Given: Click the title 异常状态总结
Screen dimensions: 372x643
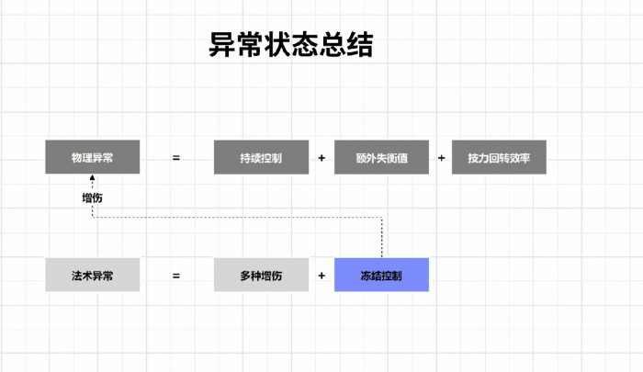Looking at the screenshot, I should tap(291, 45).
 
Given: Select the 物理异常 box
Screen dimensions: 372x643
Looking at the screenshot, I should tap(93, 158).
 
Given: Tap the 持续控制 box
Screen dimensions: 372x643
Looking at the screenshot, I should tap(261, 158).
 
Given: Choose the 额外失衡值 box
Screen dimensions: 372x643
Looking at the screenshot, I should tap(381, 158).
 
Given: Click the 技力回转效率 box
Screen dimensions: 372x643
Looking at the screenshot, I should tap(499, 158).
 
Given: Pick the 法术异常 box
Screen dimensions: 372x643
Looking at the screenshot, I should tap(93, 275).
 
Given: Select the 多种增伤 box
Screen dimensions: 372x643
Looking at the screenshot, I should tap(261, 275).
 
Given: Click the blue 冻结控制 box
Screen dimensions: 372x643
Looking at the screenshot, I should tap(381, 275).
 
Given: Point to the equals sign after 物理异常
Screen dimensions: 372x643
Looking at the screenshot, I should tap(176, 158).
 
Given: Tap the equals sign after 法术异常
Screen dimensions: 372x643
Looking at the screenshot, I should tap(176, 275).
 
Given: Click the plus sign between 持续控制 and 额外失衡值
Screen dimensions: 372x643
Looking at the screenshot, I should tap(321, 158).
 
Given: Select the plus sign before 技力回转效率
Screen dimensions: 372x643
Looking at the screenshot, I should tap(442, 158).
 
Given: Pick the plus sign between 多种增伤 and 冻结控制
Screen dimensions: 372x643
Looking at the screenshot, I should tap(321, 275).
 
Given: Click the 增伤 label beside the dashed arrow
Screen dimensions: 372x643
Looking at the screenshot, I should tap(92, 197).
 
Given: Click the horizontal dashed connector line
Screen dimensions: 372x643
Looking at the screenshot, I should tap(239, 218).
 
